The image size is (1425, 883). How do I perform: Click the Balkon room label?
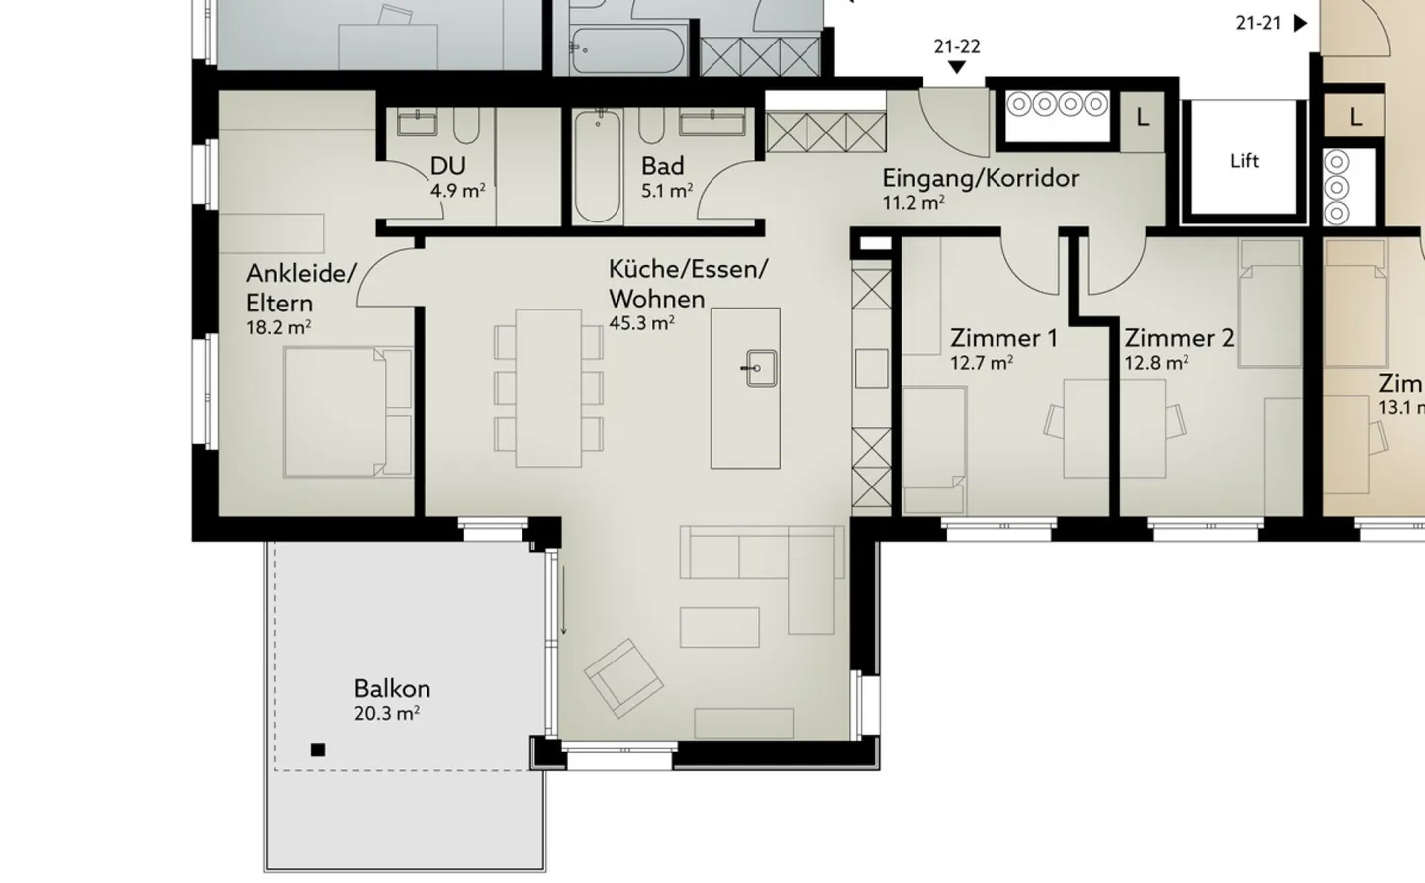[392, 688]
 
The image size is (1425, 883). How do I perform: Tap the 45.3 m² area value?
[641, 322]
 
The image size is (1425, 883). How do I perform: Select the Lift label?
[1244, 160]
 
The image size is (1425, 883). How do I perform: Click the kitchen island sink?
[761, 368]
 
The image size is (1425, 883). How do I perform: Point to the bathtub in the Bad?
[597, 166]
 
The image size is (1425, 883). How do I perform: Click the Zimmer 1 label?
[1003, 338]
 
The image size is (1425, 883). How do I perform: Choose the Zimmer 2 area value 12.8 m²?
[1156, 363]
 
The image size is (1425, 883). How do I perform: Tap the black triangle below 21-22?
[956, 67]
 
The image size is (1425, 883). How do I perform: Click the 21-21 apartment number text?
[1258, 23]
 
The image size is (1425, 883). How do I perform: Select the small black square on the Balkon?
[318, 750]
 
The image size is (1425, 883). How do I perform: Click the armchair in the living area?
[623, 677]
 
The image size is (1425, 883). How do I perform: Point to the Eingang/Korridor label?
[980, 178]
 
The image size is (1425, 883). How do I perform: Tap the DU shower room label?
[447, 166]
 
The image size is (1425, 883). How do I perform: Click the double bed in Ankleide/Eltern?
[347, 411]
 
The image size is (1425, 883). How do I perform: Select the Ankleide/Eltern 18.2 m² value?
[278, 327]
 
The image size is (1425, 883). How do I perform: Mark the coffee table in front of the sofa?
[719, 627]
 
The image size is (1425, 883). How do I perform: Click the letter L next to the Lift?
[1142, 118]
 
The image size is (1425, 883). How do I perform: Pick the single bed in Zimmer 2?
[1270, 303]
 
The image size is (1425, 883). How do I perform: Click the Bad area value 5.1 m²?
[666, 191]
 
